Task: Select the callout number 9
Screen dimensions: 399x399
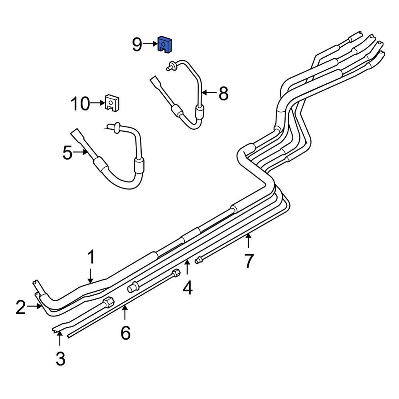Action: coord(137,45)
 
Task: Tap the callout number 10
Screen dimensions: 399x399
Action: coord(80,104)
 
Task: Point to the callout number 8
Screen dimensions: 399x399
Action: coord(223,94)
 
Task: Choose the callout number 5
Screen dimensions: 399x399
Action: coord(68,153)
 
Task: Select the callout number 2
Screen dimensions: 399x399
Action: coord(21,307)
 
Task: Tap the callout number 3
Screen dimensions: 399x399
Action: coord(60,359)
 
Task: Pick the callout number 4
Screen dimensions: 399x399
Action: coord(187,287)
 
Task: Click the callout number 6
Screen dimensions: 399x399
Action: coord(125,332)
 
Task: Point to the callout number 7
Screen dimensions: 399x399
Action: coord(249,261)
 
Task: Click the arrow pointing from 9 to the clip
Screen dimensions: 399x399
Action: coord(150,44)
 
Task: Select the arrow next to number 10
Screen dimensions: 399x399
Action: coord(97,103)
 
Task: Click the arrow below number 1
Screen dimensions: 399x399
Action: coord(91,276)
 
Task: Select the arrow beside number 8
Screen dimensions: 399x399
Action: coord(208,93)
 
